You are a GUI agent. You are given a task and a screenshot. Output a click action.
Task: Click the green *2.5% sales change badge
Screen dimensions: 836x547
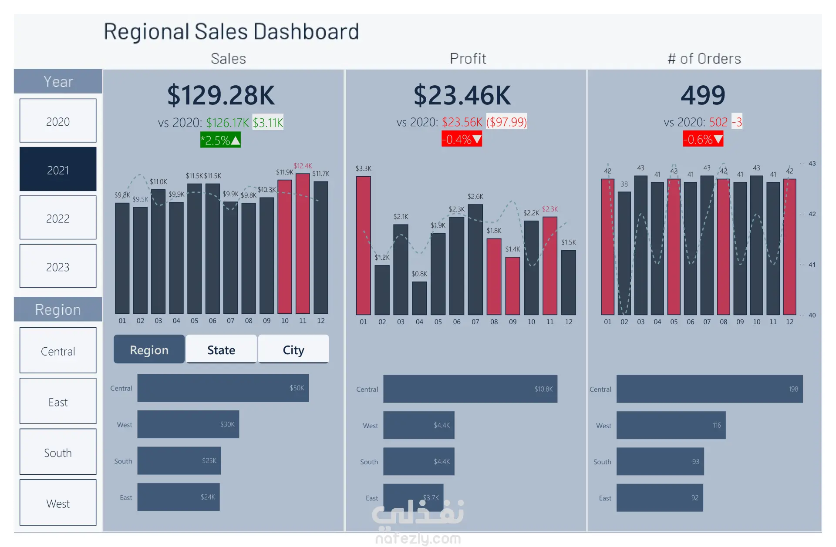click(x=220, y=140)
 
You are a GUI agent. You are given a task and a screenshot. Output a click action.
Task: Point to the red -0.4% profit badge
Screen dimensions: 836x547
click(x=462, y=139)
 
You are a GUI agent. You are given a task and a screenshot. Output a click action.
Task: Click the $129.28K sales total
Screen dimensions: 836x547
click(x=221, y=95)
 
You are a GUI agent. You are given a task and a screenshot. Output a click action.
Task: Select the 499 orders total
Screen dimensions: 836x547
click(x=703, y=95)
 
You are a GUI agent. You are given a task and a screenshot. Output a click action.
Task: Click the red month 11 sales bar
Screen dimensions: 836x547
click(x=303, y=244)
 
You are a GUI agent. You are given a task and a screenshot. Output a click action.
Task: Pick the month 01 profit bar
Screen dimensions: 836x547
click(x=364, y=245)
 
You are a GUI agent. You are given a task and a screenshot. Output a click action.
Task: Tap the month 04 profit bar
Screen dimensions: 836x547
click(x=419, y=298)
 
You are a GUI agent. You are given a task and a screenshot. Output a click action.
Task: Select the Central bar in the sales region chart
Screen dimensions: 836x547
click(x=223, y=388)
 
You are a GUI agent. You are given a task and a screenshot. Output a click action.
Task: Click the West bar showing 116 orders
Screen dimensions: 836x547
click(x=671, y=425)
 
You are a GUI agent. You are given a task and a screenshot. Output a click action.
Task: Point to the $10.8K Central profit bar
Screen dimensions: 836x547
click(x=470, y=389)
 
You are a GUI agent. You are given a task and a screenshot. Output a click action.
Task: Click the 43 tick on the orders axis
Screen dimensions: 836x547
click(x=812, y=164)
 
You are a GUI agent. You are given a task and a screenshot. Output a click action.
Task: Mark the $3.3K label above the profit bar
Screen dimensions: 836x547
click(x=364, y=168)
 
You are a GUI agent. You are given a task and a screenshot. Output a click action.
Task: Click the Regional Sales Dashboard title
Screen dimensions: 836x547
click(x=231, y=31)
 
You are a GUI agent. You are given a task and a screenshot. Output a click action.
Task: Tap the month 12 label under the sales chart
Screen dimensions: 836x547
click(x=321, y=321)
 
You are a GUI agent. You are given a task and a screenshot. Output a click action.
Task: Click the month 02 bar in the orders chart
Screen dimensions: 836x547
click(x=624, y=253)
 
